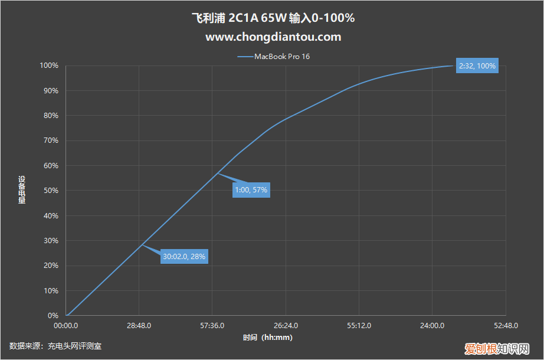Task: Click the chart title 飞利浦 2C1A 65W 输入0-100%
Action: point(273,18)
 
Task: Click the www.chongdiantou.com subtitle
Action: point(273,37)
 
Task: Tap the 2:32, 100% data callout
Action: point(477,66)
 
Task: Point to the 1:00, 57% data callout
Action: point(251,190)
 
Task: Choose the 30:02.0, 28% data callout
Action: point(185,256)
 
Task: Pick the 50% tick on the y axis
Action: point(51,191)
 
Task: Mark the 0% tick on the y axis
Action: point(53,316)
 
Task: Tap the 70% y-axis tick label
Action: point(51,140)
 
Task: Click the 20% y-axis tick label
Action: point(51,266)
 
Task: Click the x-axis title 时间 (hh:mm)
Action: point(267,338)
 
